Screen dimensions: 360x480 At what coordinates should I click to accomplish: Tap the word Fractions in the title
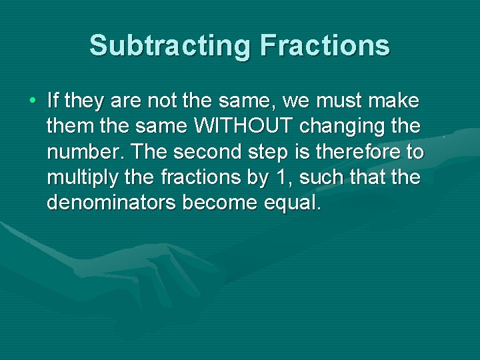tap(325, 46)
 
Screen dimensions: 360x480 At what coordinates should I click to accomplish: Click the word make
tap(397, 101)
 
